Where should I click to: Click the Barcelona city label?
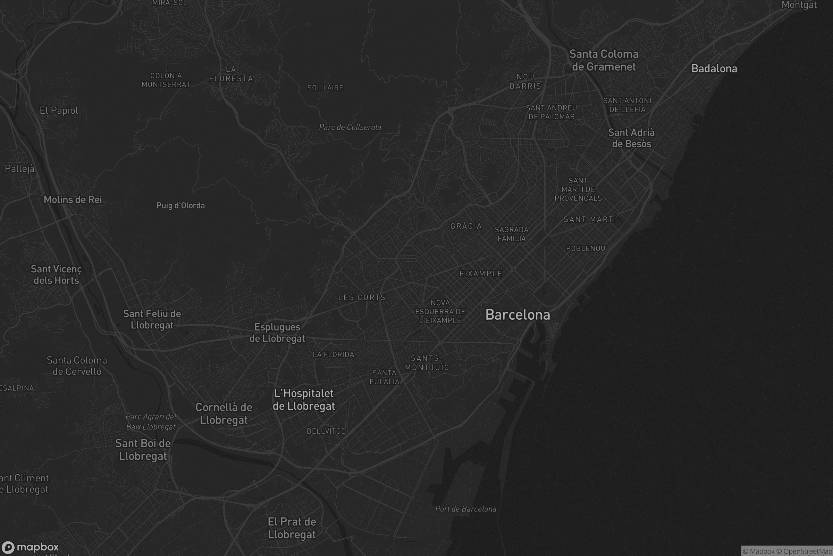(x=518, y=315)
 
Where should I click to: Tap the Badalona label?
(x=714, y=68)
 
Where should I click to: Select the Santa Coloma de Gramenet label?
(x=604, y=60)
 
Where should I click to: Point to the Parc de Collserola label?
(x=350, y=127)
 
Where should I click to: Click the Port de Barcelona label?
(x=465, y=509)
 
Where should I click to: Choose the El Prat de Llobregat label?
(x=292, y=528)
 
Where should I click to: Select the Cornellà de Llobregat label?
(x=224, y=414)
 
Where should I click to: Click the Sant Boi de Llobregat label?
(x=143, y=450)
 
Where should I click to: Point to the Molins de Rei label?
(x=73, y=199)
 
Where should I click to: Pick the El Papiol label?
(x=59, y=111)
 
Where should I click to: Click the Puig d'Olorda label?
(x=180, y=206)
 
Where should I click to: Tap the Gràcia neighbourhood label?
(x=466, y=226)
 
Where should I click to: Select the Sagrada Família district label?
(x=511, y=234)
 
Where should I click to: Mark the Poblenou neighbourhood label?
(x=586, y=248)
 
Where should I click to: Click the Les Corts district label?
(x=362, y=297)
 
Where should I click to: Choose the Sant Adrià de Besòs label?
(x=631, y=138)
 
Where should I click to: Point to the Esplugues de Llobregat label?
(x=277, y=333)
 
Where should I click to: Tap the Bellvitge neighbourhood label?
(x=326, y=431)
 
